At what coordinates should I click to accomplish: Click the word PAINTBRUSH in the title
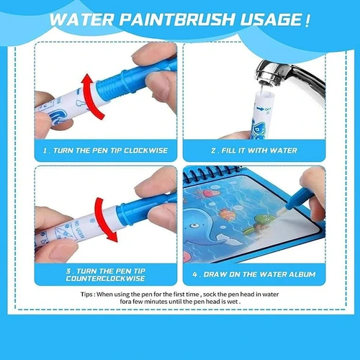click(x=176, y=19)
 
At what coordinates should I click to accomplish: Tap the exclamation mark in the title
click(x=307, y=20)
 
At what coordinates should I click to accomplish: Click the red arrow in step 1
click(x=91, y=96)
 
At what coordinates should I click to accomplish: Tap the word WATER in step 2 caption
click(x=283, y=150)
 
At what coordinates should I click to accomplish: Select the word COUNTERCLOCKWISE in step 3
click(x=106, y=279)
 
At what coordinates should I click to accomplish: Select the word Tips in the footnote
click(x=86, y=294)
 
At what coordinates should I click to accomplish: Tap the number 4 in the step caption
click(x=194, y=274)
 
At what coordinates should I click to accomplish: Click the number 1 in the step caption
click(x=45, y=150)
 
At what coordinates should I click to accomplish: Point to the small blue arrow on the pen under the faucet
click(x=260, y=109)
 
